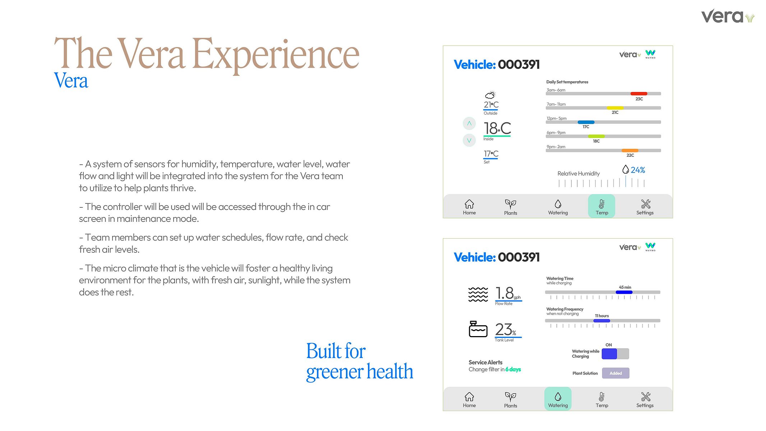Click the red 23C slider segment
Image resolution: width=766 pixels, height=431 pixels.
coord(639,93)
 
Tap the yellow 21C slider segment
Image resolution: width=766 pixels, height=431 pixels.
coord(615,108)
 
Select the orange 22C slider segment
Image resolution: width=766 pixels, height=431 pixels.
coord(630,150)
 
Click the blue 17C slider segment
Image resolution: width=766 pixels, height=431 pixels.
coord(586,122)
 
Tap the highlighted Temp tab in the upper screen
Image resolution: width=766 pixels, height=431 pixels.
coord(601,206)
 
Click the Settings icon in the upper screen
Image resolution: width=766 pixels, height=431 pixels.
coord(646,204)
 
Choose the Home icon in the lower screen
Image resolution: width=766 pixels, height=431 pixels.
coord(469,396)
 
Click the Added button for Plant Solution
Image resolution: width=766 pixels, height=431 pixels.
coord(615,373)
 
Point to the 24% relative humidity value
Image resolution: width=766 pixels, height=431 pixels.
coord(638,170)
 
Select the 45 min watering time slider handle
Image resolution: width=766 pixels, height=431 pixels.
coord(624,292)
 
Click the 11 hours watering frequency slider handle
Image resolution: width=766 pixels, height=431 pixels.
coord(602,321)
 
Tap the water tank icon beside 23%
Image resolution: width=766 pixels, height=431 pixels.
coord(478,329)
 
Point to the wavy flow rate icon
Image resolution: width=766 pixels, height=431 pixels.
coord(478,294)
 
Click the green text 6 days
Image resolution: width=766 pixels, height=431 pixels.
coord(513,369)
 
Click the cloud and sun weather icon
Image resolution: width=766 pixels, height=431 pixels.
coord(490,95)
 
